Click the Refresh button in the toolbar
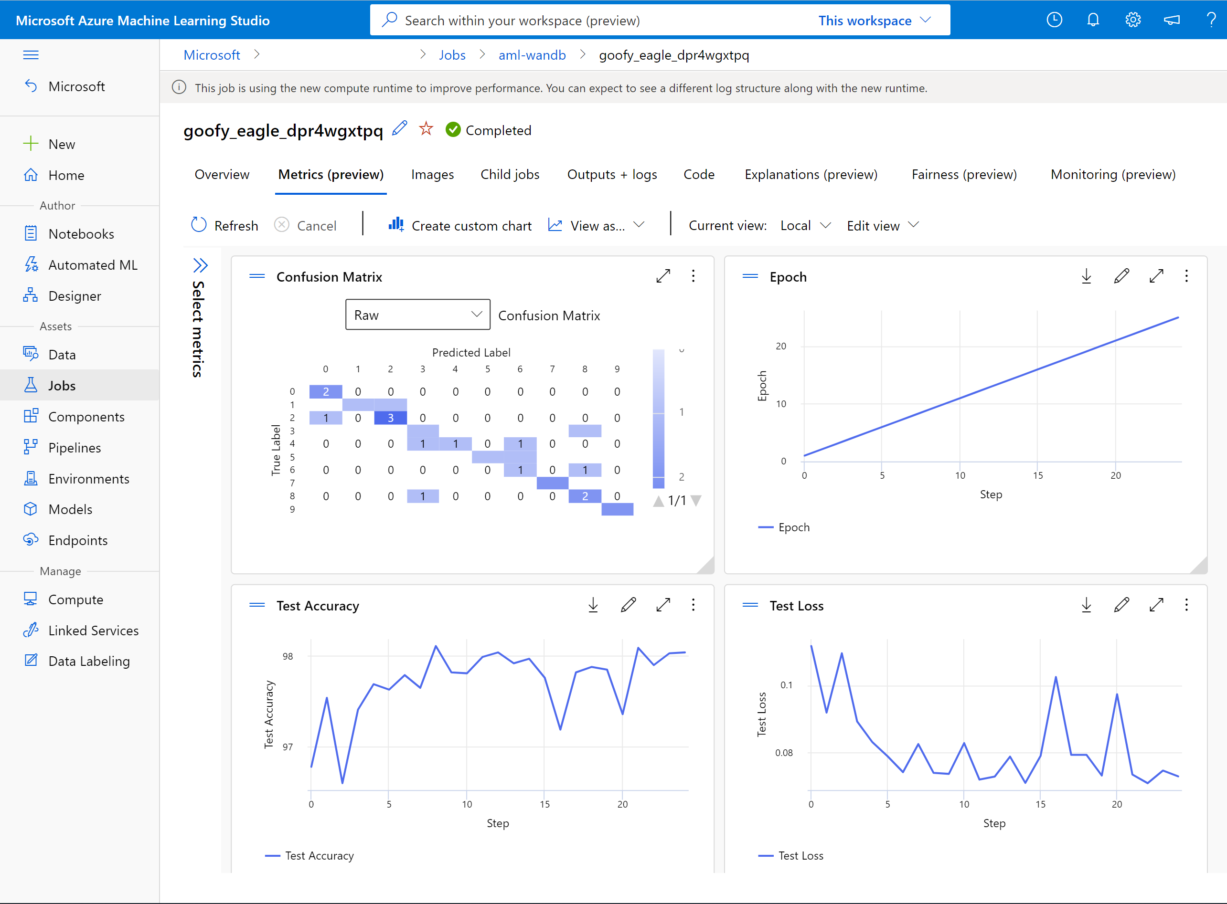[224, 225]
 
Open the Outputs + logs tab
[611, 175]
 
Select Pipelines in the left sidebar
[75, 448]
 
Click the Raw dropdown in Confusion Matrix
[417, 315]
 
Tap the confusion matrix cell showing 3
[390, 418]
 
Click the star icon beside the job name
[426, 129]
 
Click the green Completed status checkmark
[453, 130]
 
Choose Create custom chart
[460, 225]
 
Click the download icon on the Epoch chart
[1086, 276]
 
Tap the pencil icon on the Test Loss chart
[1121, 605]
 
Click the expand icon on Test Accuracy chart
[663, 605]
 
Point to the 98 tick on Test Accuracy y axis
[288, 656]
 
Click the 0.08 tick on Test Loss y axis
[783, 752]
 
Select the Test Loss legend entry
[800, 855]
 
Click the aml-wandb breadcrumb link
[532, 55]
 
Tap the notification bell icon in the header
[1093, 20]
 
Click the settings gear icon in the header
[1132, 20]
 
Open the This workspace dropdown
[875, 20]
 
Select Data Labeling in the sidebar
[89, 661]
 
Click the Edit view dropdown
[882, 225]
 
